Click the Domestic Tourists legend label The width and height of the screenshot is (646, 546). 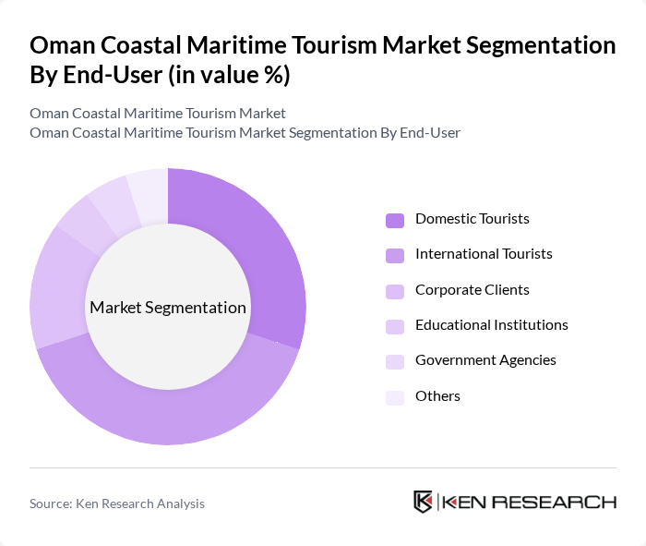point(472,219)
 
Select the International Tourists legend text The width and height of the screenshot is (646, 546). point(484,254)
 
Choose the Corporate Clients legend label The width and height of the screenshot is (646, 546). point(472,290)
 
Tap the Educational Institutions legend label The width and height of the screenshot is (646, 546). point(491,325)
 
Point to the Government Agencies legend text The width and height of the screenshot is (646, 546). point(485,360)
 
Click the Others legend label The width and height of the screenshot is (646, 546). point(437,396)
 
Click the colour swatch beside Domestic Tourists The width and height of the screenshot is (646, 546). point(395,220)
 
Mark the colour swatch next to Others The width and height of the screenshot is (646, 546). point(395,397)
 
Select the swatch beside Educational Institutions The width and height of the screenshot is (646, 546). point(395,326)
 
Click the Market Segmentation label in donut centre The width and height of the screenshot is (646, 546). point(168,308)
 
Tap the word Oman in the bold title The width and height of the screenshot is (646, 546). point(63,45)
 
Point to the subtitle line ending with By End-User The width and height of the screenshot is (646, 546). point(245,133)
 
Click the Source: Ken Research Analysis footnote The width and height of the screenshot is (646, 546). point(117,504)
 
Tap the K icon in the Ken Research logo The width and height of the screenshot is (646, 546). point(423,502)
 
